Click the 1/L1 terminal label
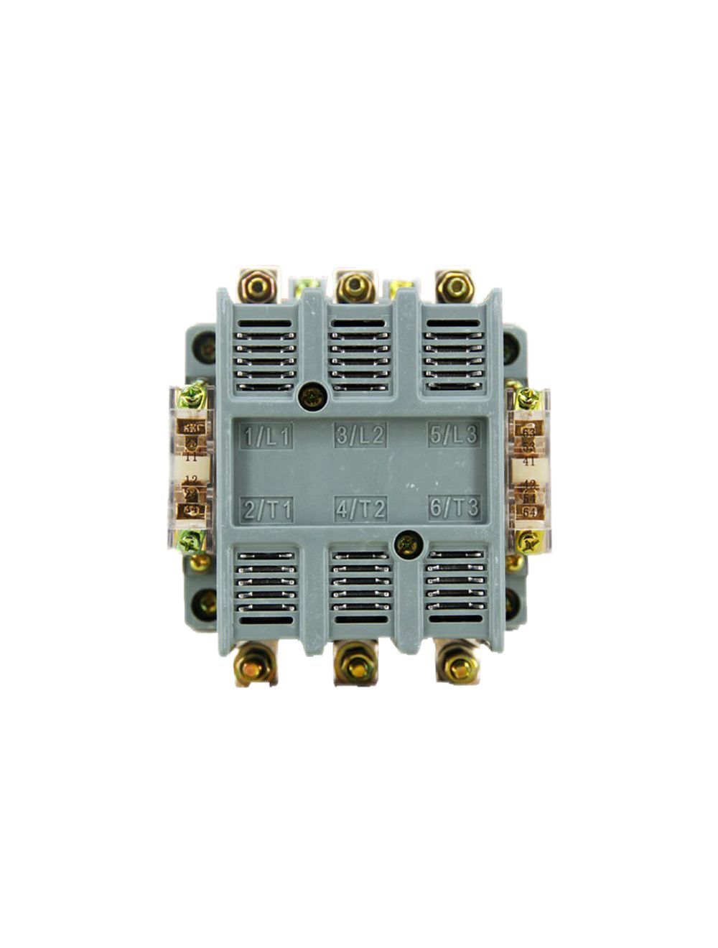click(266, 437)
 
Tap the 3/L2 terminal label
click(360, 435)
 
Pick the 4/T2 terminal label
click(361, 509)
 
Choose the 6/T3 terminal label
click(454, 508)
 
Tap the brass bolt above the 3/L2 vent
click(353, 287)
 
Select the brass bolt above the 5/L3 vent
click(454, 287)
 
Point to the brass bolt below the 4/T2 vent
click(355, 667)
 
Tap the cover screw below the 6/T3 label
click(409, 545)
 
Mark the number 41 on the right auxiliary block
click(529, 461)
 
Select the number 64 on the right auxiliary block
click(529, 512)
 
